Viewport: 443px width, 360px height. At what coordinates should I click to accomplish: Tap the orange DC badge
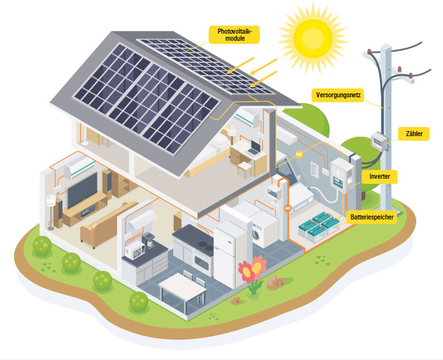[x=299, y=155]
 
